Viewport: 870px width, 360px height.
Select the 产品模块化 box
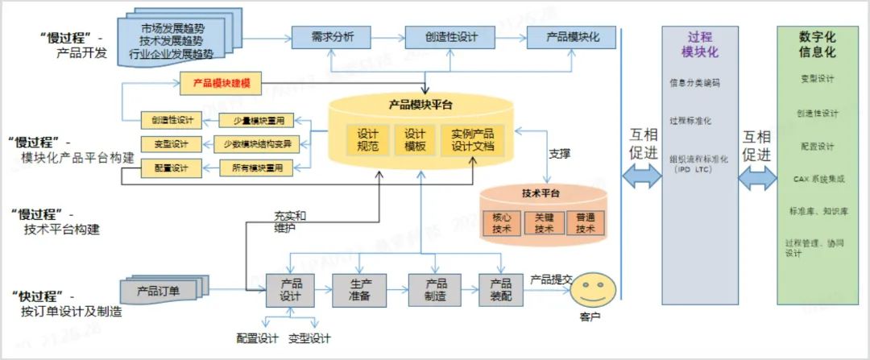point(570,37)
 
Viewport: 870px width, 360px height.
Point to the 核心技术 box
point(502,223)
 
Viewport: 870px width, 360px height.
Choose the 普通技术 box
point(586,223)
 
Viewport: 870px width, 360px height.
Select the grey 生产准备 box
point(359,290)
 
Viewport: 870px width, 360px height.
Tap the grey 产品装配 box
point(500,290)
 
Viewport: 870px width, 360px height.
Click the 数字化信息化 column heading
point(817,44)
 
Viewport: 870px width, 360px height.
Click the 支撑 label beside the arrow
point(559,152)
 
